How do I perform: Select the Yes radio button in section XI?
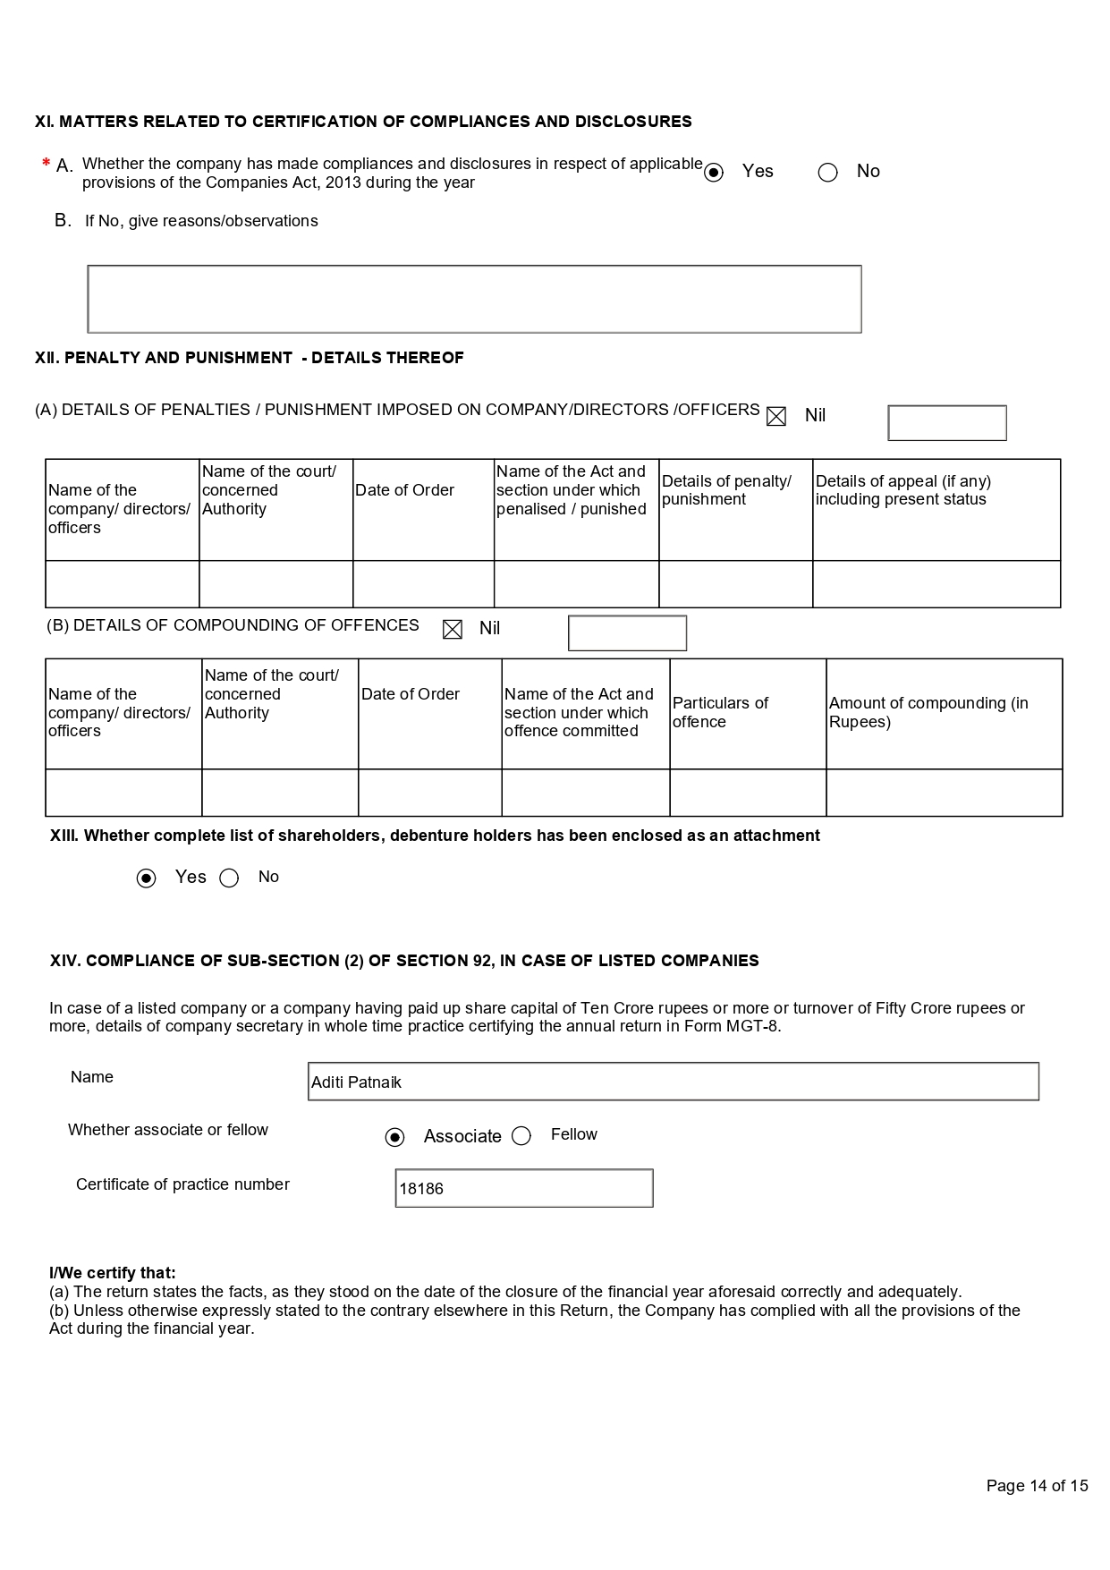[714, 173]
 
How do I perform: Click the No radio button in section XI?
[828, 173]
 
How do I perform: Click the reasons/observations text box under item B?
[474, 299]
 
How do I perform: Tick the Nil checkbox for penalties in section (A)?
[776, 417]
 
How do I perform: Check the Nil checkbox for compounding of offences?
[453, 630]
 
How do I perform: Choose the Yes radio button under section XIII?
[146, 878]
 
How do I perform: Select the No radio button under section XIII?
[229, 878]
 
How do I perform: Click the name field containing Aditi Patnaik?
[673, 1082]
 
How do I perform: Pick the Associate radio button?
[394, 1137]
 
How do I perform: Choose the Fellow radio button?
[521, 1136]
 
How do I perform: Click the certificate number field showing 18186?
[524, 1188]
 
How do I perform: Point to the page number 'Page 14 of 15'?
[1037, 1486]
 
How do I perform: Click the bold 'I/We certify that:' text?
[113, 1273]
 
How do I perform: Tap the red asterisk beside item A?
[46, 164]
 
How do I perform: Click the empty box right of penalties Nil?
[946, 423]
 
